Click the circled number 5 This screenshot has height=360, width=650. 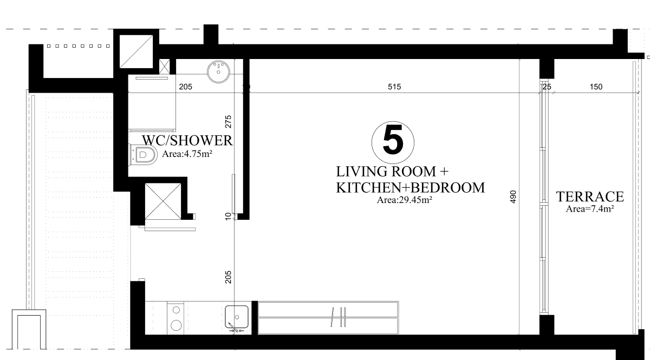pos(393,142)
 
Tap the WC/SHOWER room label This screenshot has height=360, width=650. pos(187,141)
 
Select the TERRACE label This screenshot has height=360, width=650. pos(590,197)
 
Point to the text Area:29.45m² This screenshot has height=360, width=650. pos(405,200)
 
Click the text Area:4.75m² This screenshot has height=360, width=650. pos(187,154)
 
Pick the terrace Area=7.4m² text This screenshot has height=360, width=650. pos(590,209)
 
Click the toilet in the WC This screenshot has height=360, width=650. pos(143,155)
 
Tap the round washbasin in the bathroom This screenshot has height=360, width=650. pos(218,71)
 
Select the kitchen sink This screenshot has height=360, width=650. pos(237,317)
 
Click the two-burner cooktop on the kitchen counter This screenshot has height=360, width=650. pos(175,318)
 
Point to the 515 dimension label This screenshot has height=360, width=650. pos(394,87)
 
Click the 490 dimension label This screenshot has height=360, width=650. pos(513,197)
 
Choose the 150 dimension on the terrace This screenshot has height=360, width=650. pos(596,87)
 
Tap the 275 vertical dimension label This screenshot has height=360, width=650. pos(229,122)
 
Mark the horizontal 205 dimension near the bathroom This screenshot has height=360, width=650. pos(185,87)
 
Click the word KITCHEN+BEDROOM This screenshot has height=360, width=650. pos(411,188)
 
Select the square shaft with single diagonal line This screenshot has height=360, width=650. pos(136,51)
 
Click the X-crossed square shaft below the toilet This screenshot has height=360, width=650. pos(163,201)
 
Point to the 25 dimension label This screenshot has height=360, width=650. pos(547,87)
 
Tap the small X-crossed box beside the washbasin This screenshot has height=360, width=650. pos(165,67)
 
